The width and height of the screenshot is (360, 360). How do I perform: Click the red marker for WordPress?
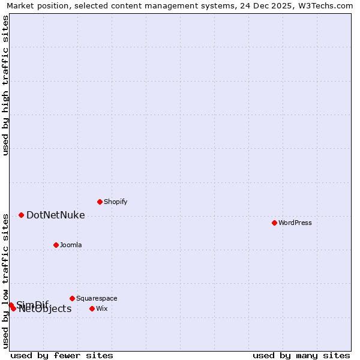[274, 223]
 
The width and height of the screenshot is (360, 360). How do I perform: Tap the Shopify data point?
[100, 202]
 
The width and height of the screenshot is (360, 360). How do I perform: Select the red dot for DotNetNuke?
[21, 215]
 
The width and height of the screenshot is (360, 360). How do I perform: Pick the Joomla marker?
[56, 245]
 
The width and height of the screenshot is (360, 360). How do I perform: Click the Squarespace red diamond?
[72, 298]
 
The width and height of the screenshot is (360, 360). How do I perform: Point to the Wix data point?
[92, 308]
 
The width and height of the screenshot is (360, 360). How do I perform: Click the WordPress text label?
[295, 223]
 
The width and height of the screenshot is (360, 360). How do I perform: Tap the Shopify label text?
[115, 202]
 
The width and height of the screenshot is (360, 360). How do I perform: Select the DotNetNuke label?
[55, 215]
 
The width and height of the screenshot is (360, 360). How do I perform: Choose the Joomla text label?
[71, 245]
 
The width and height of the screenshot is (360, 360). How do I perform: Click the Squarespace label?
[97, 298]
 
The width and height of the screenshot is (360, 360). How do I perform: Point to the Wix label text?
[102, 308]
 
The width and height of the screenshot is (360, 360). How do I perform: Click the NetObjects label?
[45, 309]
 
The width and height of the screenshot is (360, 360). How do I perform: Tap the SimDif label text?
[32, 304]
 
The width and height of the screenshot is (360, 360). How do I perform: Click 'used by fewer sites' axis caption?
[62, 355]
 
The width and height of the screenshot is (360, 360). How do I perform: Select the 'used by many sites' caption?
[301, 355]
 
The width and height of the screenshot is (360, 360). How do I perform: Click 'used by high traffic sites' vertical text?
[5, 85]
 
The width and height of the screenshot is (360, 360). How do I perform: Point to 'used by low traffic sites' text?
[5, 280]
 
